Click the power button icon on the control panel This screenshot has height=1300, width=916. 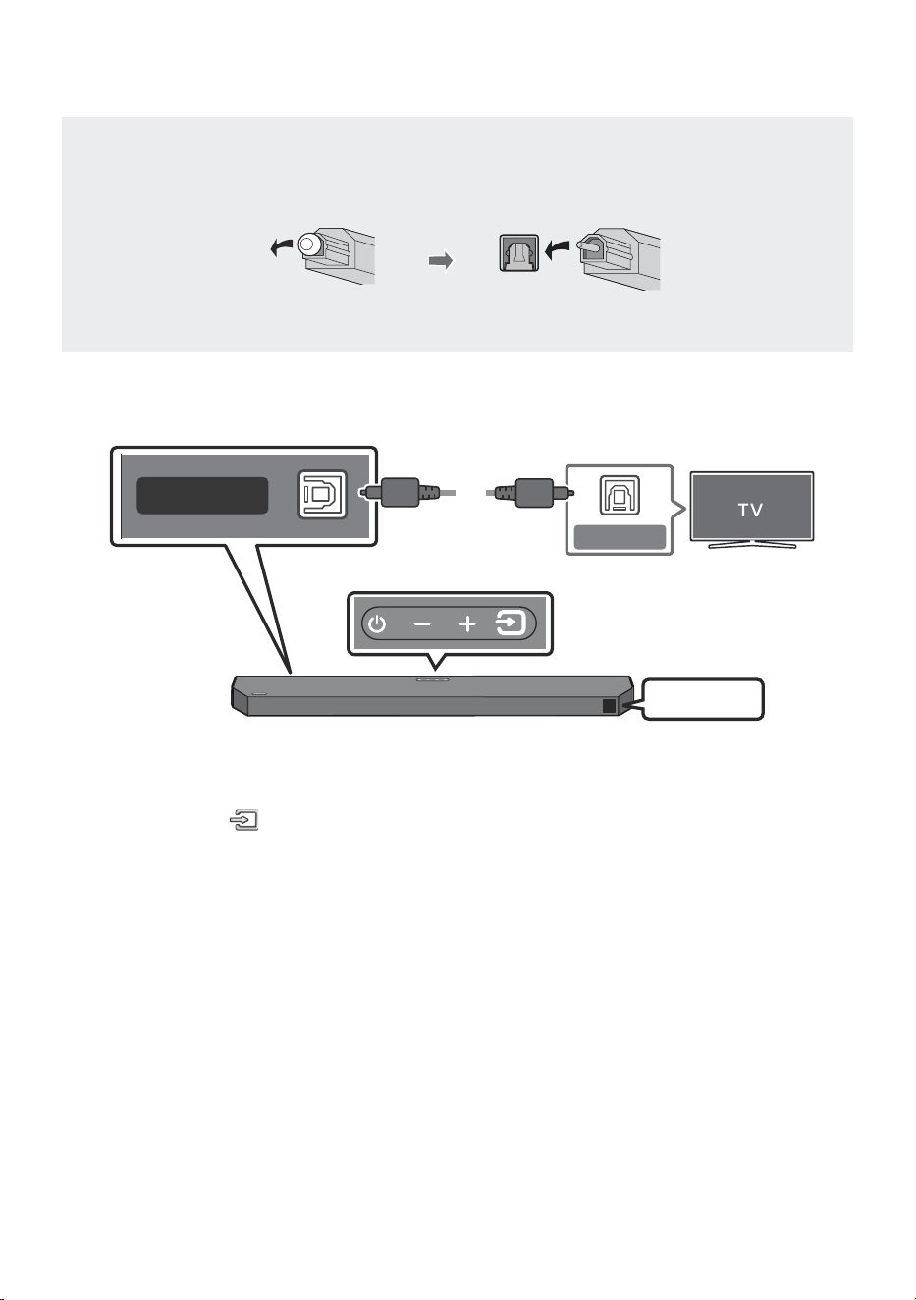click(377, 624)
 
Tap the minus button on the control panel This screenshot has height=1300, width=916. click(422, 624)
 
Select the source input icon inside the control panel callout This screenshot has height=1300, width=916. click(511, 623)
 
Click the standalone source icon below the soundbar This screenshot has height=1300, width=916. click(243, 820)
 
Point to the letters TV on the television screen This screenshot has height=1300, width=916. click(750, 511)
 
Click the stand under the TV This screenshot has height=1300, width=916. click(752, 544)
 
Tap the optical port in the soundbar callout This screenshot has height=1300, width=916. click(323, 495)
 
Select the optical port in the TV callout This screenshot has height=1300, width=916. click(620, 496)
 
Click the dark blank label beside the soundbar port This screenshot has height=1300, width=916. click(202, 496)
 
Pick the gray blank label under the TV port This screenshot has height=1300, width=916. click(620, 537)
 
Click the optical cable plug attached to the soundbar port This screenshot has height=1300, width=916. click(400, 493)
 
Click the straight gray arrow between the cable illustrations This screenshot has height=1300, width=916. click(441, 261)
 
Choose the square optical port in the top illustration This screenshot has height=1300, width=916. click(519, 253)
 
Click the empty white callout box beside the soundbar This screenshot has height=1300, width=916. click(702, 699)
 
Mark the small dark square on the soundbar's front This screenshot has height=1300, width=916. click(609, 706)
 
